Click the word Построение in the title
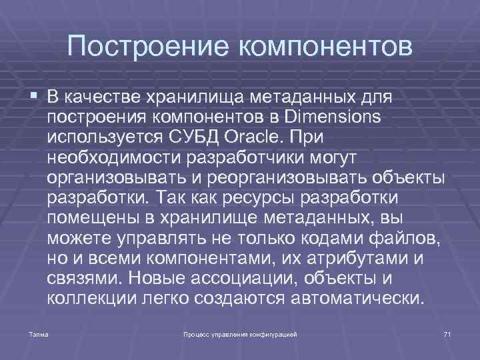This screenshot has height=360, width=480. click(147, 47)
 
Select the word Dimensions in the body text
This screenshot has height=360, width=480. click(332, 118)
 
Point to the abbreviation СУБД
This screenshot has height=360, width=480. click(197, 138)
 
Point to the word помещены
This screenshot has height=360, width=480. click(92, 218)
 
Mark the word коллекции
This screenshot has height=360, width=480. click(92, 297)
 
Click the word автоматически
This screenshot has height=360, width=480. click(357, 297)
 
